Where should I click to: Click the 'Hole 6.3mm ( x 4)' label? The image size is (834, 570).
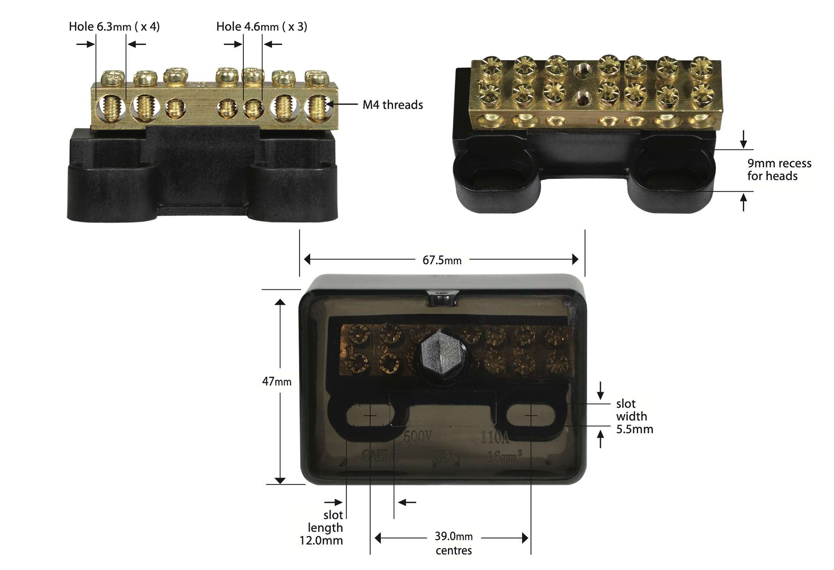click(x=114, y=27)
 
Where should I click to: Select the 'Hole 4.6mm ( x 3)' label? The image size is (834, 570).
click(x=262, y=27)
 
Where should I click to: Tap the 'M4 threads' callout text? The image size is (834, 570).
click(x=393, y=105)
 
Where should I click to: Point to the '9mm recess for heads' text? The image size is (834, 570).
click(x=779, y=170)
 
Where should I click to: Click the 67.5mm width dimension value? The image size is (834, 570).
click(x=442, y=260)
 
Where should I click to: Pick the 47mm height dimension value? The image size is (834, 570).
click(x=277, y=382)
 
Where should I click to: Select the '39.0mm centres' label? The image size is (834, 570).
click(x=454, y=543)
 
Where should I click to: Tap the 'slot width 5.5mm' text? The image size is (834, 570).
click(x=634, y=416)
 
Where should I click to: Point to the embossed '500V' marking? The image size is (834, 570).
click(x=418, y=437)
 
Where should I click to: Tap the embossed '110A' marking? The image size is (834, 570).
click(x=495, y=437)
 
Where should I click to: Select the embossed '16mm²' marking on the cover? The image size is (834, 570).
click(x=504, y=457)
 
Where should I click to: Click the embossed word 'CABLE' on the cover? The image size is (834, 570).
click(x=380, y=456)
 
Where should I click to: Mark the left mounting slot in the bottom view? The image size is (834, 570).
click(x=369, y=415)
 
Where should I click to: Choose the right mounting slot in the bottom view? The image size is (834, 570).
click(x=530, y=415)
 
